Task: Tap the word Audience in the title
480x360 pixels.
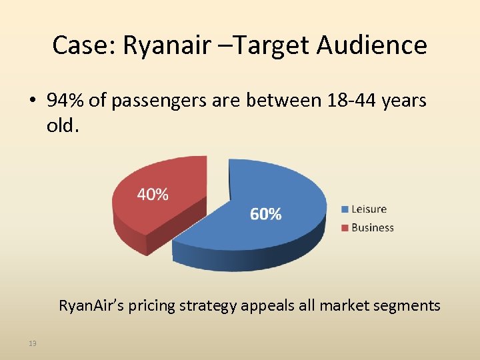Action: coord(371,45)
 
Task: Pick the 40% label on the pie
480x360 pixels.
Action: coord(153,194)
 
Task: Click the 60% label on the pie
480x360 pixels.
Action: coord(265,213)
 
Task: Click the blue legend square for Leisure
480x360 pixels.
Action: coord(345,209)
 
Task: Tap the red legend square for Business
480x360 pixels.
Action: coord(345,228)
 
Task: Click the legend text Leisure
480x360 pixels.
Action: coord(369,209)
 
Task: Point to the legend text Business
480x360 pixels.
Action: coord(373,228)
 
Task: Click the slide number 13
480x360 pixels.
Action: coord(32,343)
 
